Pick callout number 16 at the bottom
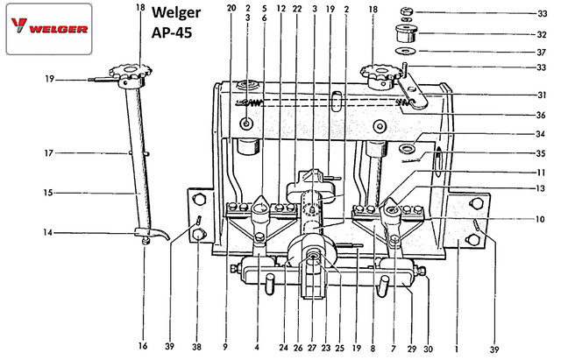(142, 347)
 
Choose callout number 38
(199, 347)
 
